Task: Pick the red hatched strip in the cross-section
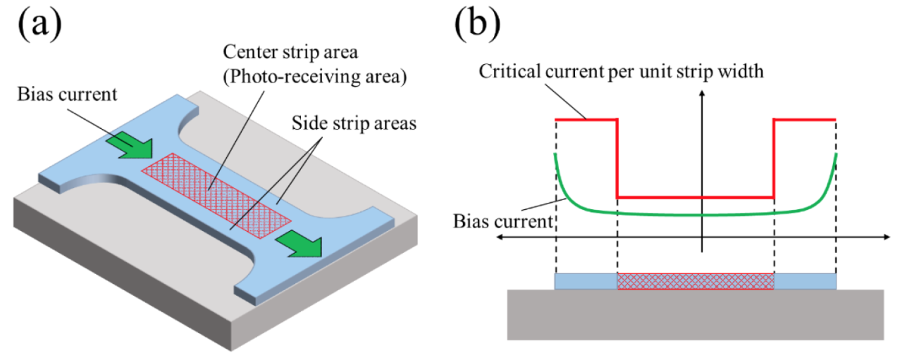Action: tap(695, 281)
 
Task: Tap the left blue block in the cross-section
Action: tap(586, 281)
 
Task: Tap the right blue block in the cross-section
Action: tap(805, 281)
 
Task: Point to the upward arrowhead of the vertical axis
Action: tap(702, 98)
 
